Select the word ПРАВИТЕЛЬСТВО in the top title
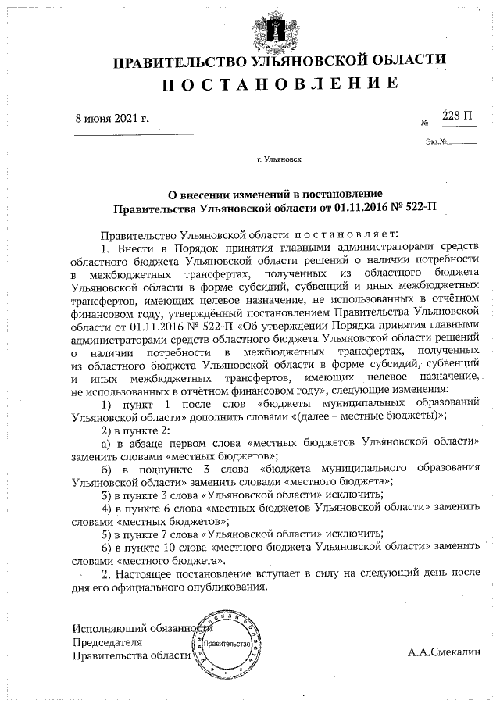pos(179,61)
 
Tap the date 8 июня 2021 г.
pos(112,119)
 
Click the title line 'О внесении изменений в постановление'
pos(276,195)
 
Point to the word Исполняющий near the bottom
pos(105,627)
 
